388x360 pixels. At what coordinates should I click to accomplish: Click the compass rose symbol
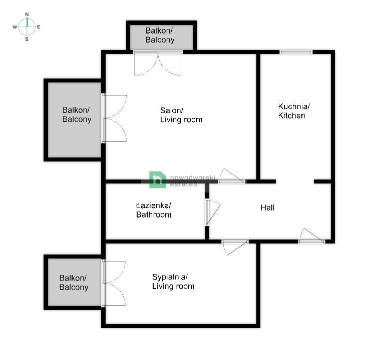tap(27, 26)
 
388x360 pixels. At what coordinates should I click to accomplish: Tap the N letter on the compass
tap(27, 14)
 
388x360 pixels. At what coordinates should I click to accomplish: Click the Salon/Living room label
tap(181, 115)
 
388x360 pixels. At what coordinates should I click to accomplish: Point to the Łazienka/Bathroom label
tap(154, 210)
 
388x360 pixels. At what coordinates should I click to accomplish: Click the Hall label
tap(267, 207)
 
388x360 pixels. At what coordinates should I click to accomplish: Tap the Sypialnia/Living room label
tap(173, 281)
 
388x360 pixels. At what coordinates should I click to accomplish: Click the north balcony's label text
tap(160, 35)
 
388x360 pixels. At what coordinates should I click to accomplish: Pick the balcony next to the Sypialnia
tap(73, 282)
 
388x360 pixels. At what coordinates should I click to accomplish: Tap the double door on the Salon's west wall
tap(114, 119)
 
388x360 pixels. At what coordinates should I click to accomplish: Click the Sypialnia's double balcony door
tap(114, 283)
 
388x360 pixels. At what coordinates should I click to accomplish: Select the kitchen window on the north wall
tap(296, 52)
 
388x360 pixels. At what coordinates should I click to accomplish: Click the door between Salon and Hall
tap(232, 176)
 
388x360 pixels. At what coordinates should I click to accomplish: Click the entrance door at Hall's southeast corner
tap(312, 236)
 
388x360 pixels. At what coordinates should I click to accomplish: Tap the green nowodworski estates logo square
tap(158, 179)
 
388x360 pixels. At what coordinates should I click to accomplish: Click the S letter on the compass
tap(27, 39)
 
